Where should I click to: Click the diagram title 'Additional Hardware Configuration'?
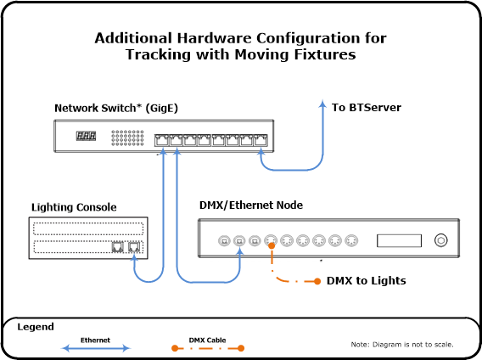(x=240, y=39)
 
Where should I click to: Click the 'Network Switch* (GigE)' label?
(x=116, y=108)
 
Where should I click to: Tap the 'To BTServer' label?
(x=366, y=108)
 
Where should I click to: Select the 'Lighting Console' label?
(x=74, y=207)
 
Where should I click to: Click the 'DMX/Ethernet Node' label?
(x=250, y=205)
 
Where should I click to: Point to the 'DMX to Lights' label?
(x=366, y=281)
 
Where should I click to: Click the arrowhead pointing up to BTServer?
(x=322, y=104)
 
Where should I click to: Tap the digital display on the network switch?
(x=86, y=136)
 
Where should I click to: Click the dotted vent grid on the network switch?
(x=127, y=138)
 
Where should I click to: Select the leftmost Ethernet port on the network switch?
(x=161, y=139)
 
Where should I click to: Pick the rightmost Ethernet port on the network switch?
(x=261, y=139)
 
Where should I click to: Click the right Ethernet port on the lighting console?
(x=134, y=247)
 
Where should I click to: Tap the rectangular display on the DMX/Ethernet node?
(x=399, y=240)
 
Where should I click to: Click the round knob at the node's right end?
(x=440, y=240)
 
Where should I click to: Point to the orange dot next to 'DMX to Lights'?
(x=317, y=281)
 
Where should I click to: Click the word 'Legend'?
(x=36, y=327)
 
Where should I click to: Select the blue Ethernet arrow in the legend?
(x=96, y=348)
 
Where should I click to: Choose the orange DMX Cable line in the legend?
(x=207, y=348)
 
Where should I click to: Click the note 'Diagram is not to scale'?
(x=402, y=345)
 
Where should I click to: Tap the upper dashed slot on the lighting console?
(x=88, y=228)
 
